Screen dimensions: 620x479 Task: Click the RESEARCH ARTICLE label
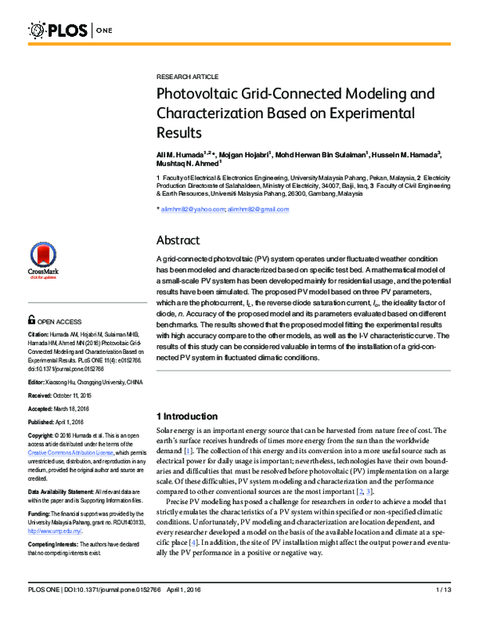click(187, 77)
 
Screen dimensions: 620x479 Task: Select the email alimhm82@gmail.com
click(258, 209)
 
